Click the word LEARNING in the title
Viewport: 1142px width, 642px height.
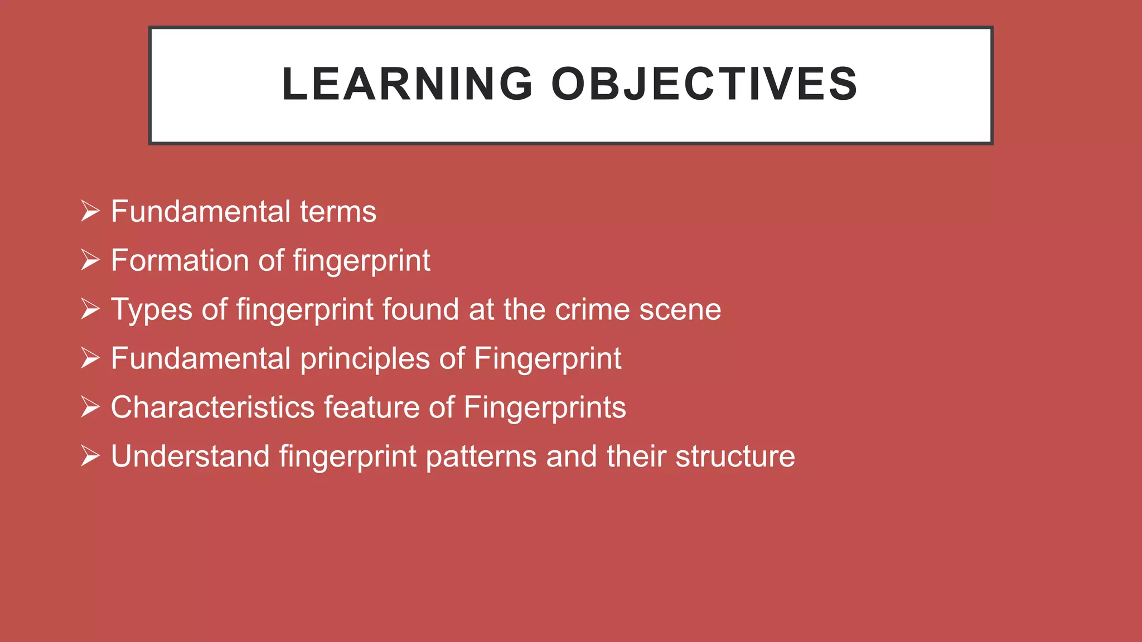(x=408, y=84)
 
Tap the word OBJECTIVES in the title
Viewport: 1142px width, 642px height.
(x=704, y=84)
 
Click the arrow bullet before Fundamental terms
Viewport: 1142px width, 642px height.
(x=90, y=211)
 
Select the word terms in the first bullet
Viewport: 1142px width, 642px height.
(x=338, y=212)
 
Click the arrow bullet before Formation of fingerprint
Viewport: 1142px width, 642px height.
(x=90, y=260)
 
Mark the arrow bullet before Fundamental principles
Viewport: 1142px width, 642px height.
(x=90, y=358)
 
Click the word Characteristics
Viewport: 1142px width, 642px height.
(x=212, y=407)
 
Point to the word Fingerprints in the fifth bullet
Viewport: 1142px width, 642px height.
(x=544, y=407)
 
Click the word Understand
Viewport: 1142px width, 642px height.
(x=190, y=456)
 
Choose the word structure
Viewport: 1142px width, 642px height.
(x=735, y=456)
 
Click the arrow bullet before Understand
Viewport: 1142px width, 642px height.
(x=90, y=456)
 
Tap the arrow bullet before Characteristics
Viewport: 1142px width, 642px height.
(x=90, y=407)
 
